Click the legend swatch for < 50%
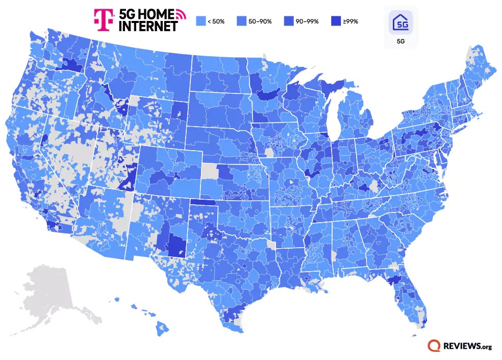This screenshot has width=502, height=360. click(200, 21)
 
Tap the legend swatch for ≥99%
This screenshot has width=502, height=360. click(336, 21)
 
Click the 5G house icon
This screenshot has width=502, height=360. click(400, 23)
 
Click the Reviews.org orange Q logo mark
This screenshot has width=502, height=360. click(435, 346)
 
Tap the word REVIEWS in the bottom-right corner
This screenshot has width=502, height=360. click(461, 346)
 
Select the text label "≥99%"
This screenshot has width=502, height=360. click(351, 21)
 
